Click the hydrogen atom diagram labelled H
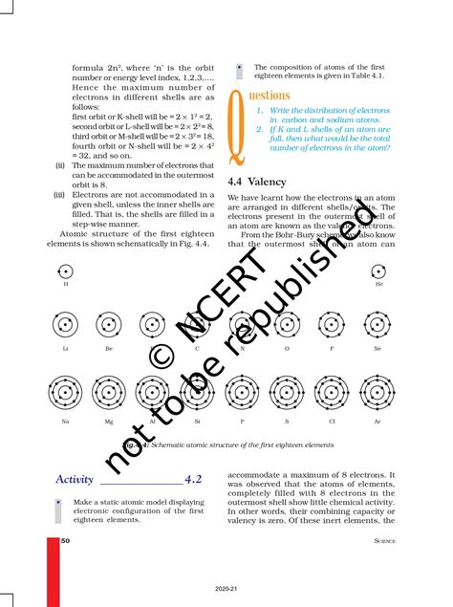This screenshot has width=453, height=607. tap(65, 271)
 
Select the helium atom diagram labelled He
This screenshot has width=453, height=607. tap(378, 271)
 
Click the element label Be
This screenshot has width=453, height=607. tap(109, 350)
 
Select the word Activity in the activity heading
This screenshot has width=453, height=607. tap(75, 479)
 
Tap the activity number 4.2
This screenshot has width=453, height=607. tap(194, 479)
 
